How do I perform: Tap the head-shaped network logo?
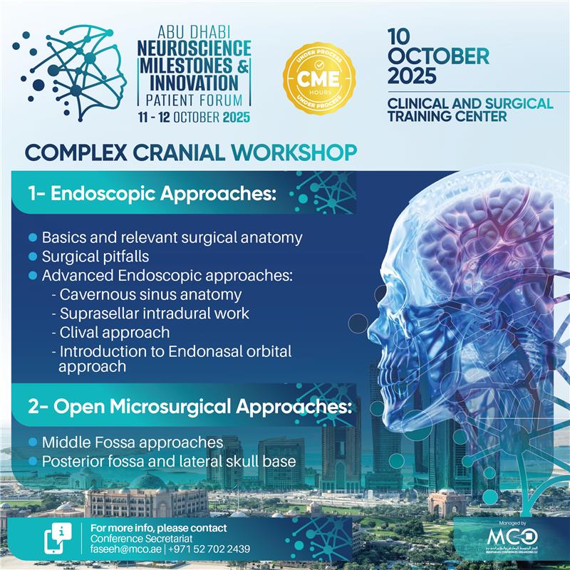71,71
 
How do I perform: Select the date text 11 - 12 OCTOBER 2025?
195,117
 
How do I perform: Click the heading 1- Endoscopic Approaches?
152,193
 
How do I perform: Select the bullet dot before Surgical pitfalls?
32,256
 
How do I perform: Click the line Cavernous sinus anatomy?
150,294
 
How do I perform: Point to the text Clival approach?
115,332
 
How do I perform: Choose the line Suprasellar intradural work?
155,313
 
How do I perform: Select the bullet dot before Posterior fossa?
32,462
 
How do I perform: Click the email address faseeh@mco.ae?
123,549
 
